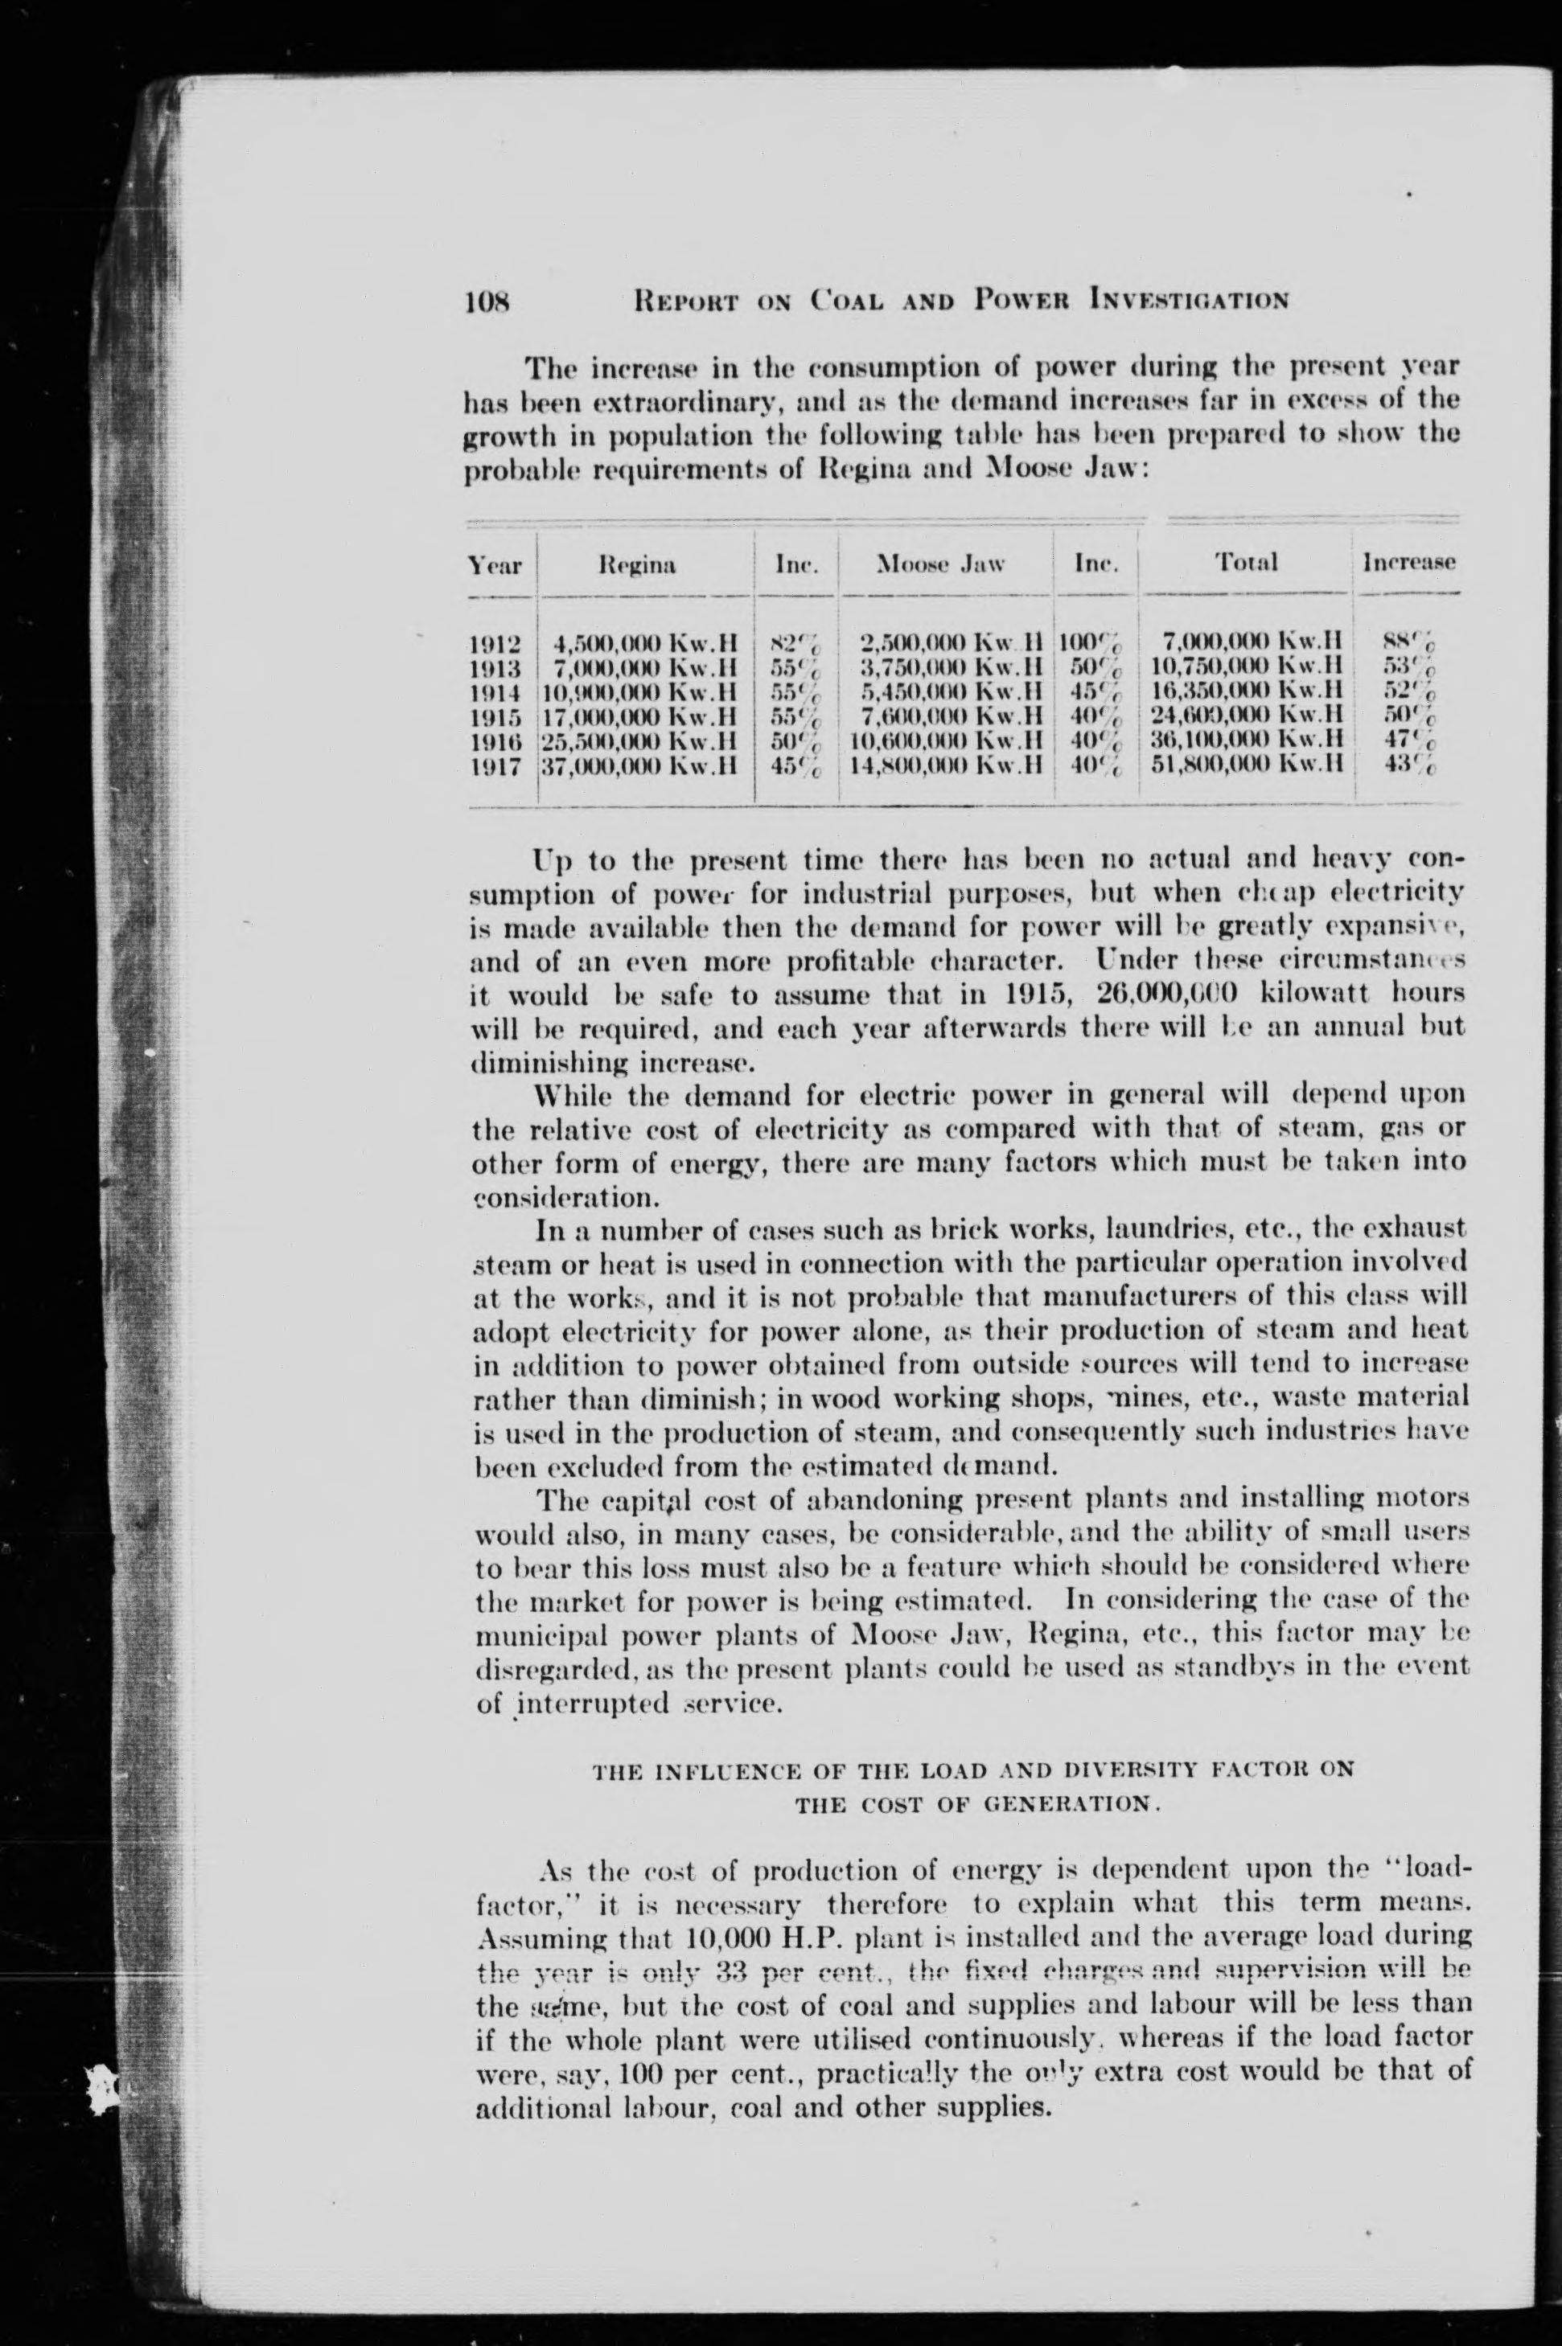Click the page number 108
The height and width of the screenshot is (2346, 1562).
click(x=488, y=299)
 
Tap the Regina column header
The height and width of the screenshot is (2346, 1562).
click(x=638, y=564)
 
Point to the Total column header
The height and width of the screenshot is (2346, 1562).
click(x=1246, y=563)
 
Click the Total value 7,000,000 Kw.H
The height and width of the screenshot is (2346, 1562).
click(x=1253, y=644)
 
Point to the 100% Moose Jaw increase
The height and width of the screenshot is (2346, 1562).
click(x=1091, y=644)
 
